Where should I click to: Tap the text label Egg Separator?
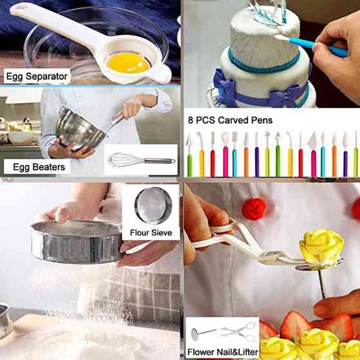pyautogui.click(x=37, y=76)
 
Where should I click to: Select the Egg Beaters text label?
pyautogui.click(x=39, y=167)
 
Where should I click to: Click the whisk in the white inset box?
pyautogui.click(x=141, y=160)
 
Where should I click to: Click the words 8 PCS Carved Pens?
pyautogui.click(x=230, y=120)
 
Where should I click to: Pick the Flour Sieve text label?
pyautogui.click(x=151, y=233)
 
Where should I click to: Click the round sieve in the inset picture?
pyautogui.click(x=153, y=206)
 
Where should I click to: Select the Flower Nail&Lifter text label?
pyautogui.click(x=222, y=352)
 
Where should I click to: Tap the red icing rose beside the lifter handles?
pyautogui.click(x=254, y=209)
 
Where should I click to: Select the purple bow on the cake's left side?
pyautogui.click(x=224, y=87)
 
